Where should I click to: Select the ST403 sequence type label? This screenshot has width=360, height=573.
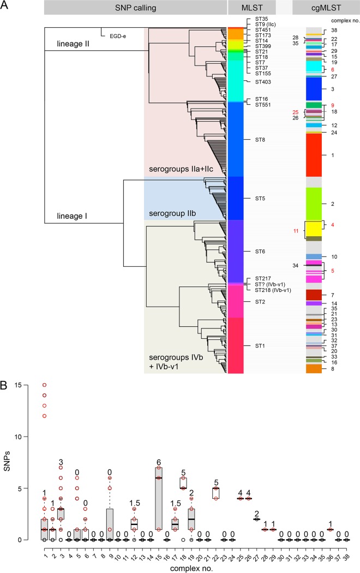[263, 82]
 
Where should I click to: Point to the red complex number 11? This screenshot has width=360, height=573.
[296, 231]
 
